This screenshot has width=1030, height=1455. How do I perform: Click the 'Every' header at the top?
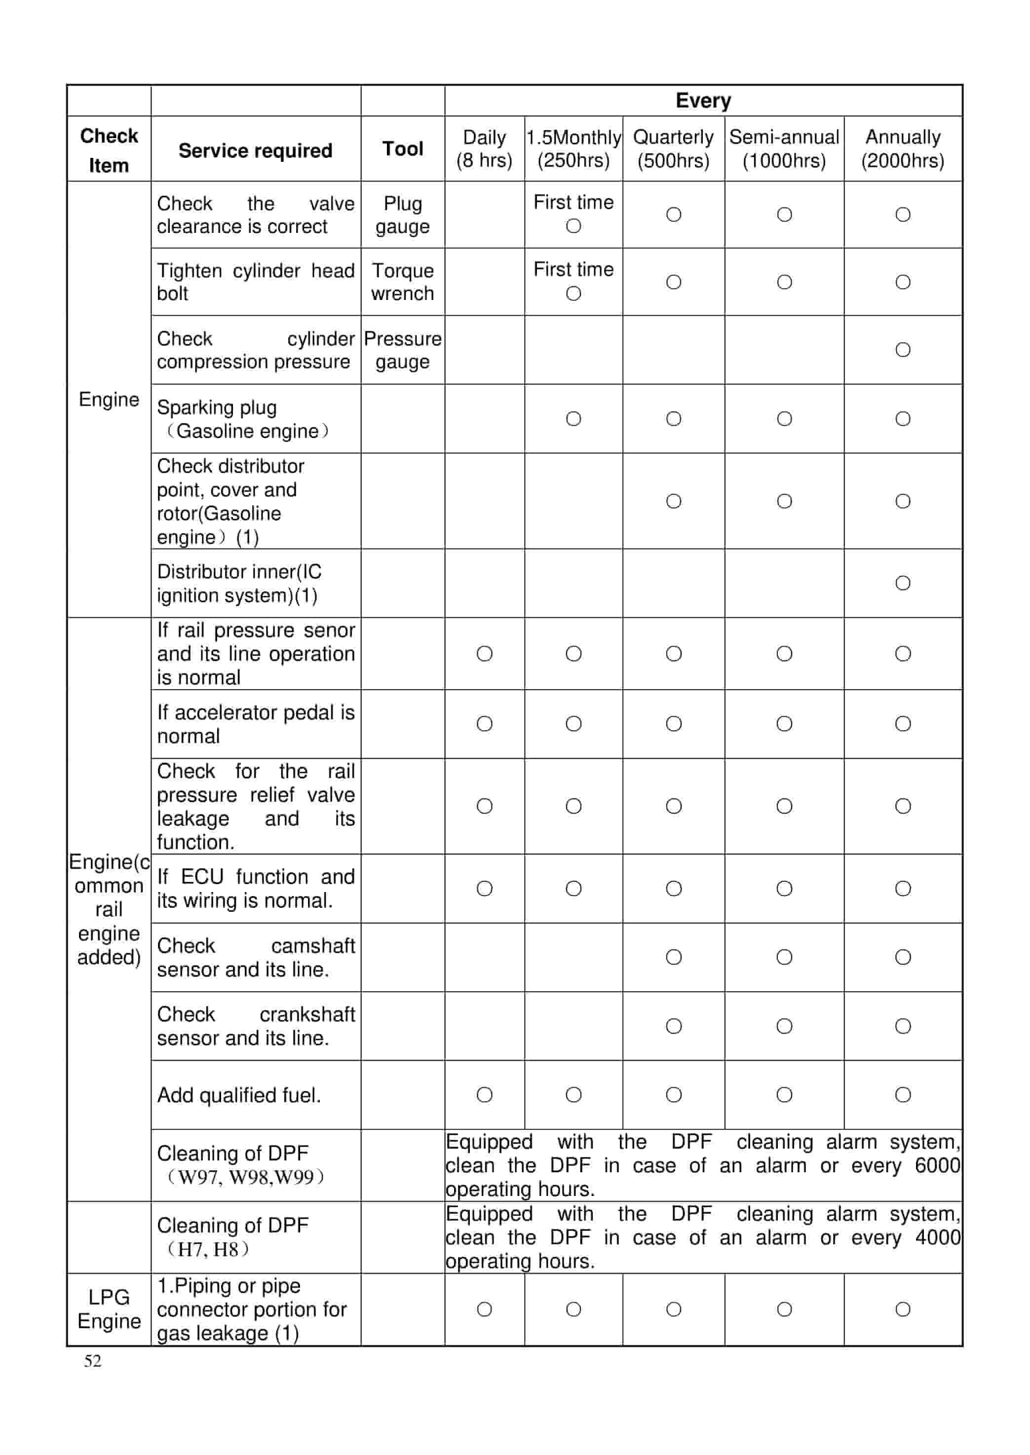pyautogui.click(x=703, y=100)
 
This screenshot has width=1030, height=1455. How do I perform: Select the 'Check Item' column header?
pyautogui.click(x=109, y=150)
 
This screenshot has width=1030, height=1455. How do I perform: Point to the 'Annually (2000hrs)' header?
pyautogui.click(x=903, y=149)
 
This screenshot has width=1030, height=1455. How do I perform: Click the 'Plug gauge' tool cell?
pyautogui.click(x=402, y=215)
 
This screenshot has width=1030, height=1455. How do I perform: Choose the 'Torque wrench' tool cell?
pyautogui.click(x=402, y=282)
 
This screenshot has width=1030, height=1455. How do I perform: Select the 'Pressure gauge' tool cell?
pyautogui.click(x=402, y=350)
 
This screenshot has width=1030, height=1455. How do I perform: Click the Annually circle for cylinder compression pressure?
pyautogui.click(x=903, y=349)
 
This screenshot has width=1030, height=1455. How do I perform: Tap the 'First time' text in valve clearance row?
pyautogui.click(x=573, y=202)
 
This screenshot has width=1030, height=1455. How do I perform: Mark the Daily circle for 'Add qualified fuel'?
pyautogui.click(x=485, y=1094)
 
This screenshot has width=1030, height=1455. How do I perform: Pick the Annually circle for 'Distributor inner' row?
pyautogui.click(x=903, y=583)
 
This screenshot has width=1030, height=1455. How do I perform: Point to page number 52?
pyautogui.click(x=93, y=1361)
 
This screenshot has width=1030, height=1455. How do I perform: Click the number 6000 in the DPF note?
pyautogui.click(x=937, y=1165)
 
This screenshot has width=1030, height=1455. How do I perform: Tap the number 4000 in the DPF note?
pyautogui.click(x=937, y=1237)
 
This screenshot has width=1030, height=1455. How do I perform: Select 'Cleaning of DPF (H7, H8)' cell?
pyautogui.click(x=233, y=1237)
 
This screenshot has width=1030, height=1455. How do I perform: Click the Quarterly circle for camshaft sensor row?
pyautogui.click(x=674, y=957)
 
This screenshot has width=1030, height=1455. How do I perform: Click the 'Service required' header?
pyautogui.click(x=255, y=150)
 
